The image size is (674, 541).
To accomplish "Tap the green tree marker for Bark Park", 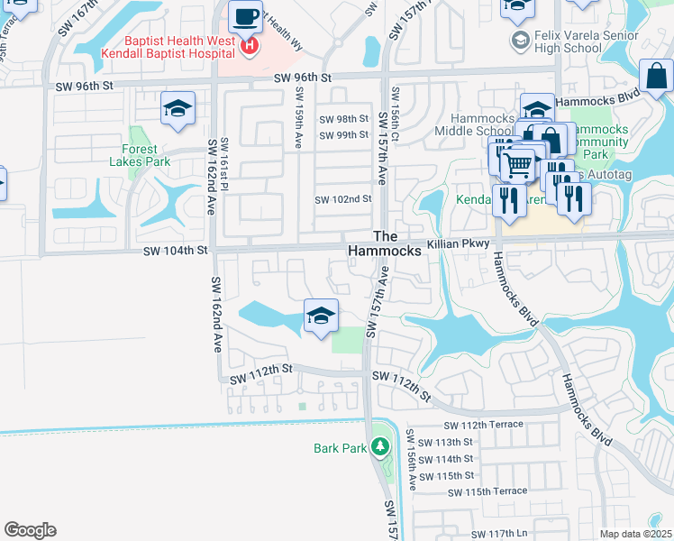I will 380,446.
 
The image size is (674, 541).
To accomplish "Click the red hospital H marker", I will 250,45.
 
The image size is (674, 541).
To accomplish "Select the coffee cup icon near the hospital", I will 244,16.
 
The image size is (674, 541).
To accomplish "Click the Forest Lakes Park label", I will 140,155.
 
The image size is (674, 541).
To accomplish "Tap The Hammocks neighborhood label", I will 386,243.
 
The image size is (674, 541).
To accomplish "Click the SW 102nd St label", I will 342,199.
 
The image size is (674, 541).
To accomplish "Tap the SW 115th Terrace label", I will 485,491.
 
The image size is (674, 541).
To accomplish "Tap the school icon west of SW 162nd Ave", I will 178,110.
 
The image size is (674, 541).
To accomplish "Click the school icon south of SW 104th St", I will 320,316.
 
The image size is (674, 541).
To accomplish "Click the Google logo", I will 30,530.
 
